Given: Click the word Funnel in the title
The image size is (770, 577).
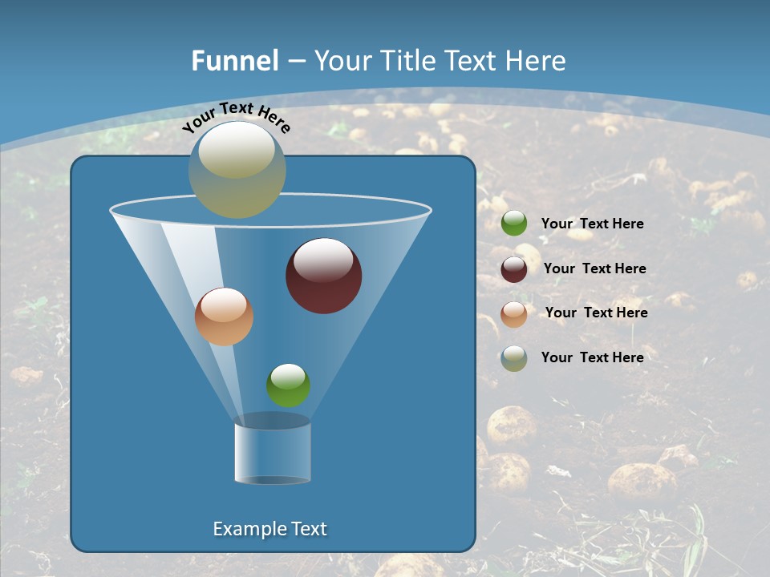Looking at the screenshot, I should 234,61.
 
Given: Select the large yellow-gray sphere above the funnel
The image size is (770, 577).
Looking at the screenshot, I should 237,169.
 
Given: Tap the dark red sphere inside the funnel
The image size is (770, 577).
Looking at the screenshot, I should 324,276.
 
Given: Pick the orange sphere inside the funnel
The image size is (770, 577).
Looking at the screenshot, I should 224,317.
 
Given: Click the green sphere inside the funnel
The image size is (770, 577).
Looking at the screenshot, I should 288,385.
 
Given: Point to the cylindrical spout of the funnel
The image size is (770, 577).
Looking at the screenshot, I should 273,453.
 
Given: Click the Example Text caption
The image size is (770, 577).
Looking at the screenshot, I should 269,529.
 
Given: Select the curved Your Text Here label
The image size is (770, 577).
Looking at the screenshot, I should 236,117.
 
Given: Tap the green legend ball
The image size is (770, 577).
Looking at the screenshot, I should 514,224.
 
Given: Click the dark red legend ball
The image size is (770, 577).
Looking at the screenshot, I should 514,269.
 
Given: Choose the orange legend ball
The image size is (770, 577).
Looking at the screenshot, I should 514,314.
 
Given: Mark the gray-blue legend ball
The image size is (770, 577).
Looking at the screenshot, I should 514,358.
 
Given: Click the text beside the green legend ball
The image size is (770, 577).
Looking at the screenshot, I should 592,224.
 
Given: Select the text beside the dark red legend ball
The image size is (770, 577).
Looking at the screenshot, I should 594,269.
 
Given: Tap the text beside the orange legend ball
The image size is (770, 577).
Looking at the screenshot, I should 596,313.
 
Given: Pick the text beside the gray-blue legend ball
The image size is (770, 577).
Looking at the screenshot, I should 592,357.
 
